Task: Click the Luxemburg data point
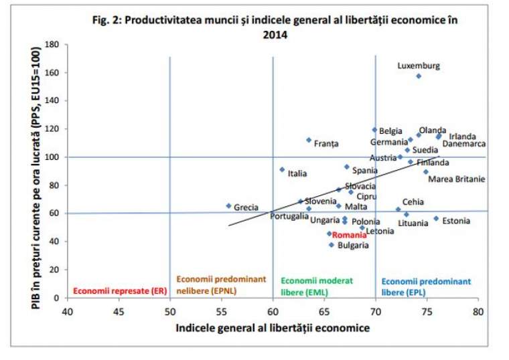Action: point(419,76)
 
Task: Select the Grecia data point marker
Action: point(228,206)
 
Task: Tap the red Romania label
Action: point(350,236)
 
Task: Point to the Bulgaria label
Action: point(353,246)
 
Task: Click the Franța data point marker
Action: point(309,141)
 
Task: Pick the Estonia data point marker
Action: point(436,218)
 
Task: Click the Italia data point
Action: point(282,170)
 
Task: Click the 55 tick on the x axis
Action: point(221,312)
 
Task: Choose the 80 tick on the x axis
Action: point(478,312)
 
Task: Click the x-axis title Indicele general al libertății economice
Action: point(272,329)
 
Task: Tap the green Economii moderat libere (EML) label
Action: point(317,286)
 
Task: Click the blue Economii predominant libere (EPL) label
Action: point(426,286)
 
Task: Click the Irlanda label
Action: point(462,137)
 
